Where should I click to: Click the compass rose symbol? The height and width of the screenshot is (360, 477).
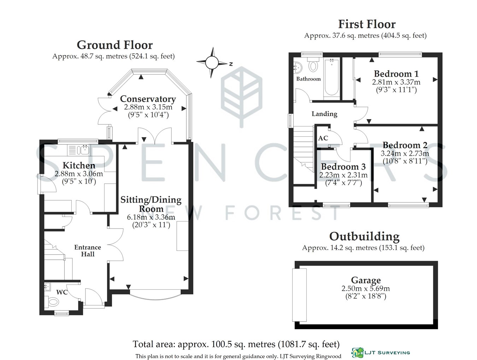point(212,62)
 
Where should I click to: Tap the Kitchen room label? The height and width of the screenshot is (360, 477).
point(79,165)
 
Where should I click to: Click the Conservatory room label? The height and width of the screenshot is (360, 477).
point(148,99)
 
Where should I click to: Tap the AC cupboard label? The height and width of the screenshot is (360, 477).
point(323,138)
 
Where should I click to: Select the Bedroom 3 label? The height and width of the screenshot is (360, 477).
point(343,167)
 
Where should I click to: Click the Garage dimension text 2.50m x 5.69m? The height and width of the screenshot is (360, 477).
point(366,289)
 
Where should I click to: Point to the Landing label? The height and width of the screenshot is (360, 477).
point(324,114)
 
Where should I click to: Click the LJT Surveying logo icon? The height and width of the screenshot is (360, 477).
point(358,353)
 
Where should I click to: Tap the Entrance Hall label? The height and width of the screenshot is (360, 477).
point(88,250)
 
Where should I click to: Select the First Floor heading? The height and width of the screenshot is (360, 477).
point(367,24)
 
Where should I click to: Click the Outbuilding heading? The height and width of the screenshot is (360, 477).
point(364,236)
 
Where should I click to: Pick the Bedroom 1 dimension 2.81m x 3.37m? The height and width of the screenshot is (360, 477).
point(396,82)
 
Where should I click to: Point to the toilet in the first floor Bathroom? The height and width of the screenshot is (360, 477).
point(313,64)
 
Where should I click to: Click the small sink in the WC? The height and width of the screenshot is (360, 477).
point(47,287)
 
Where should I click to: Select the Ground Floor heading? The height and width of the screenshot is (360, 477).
point(115,45)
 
